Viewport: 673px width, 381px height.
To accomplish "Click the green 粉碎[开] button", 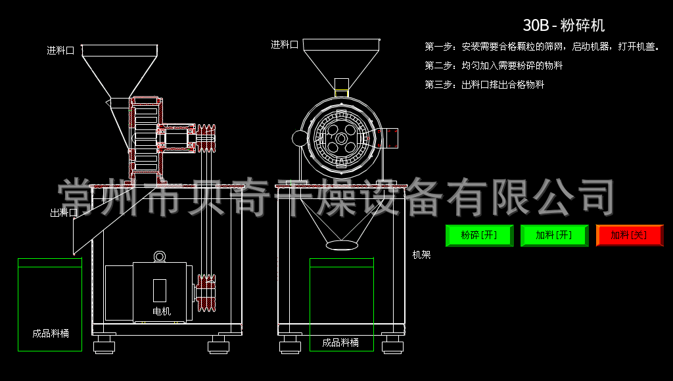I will tap(479, 235).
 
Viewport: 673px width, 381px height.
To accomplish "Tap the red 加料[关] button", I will tap(629, 235).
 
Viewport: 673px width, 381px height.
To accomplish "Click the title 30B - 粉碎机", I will tap(563, 26).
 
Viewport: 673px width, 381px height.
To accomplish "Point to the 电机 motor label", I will tap(162, 311).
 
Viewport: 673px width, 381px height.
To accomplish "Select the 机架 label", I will tap(421, 255).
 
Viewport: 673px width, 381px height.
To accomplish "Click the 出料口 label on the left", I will tap(64, 213).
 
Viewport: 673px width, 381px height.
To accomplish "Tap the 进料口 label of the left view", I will tap(60, 51).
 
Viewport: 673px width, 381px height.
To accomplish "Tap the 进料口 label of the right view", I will tap(285, 45).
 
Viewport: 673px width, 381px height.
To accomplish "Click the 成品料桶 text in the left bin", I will tap(51, 333).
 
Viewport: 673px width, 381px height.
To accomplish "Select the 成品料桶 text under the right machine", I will tap(340, 343).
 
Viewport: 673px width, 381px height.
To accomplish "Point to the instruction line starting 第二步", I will tap(494, 66).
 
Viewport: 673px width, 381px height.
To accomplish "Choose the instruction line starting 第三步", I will tap(484, 85).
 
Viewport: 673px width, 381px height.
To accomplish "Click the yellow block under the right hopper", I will tap(342, 93).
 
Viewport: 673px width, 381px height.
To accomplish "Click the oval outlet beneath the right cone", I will tap(342, 244).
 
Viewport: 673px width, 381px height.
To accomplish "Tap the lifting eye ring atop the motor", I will tap(160, 256).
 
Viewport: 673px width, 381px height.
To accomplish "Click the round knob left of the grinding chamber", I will tap(300, 138).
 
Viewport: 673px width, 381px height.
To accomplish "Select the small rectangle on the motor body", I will tap(160, 290).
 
